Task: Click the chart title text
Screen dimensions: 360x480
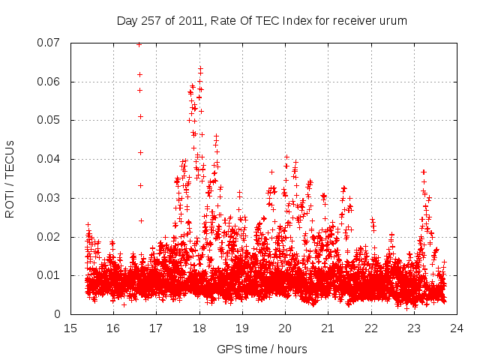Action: [262, 20]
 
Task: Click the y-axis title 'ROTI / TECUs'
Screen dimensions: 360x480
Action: [10, 178]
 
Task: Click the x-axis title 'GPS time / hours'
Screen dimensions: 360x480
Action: [262, 349]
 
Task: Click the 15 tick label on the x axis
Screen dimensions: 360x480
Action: [70, 328]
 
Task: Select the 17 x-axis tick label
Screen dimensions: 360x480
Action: [156, 328]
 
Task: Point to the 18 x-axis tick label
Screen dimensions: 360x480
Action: [199, 328]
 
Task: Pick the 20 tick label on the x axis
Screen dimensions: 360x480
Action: [285, 328]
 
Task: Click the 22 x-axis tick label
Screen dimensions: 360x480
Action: [371, 328]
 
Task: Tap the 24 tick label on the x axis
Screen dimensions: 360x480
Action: [457, 328]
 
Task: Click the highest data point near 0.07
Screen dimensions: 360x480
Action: [139, 44]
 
